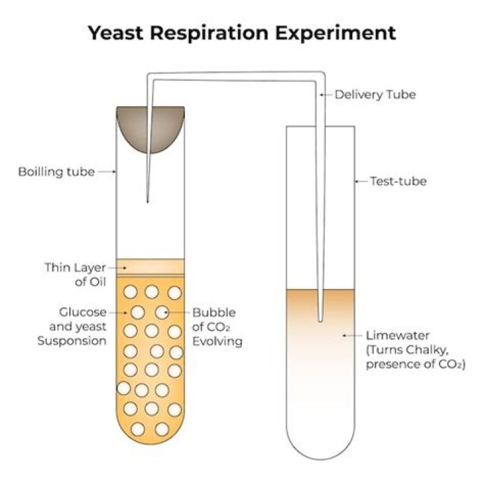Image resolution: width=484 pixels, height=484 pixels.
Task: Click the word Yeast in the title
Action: [x=116, y=33]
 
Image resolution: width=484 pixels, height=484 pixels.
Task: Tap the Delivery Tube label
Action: [x=375, y=95]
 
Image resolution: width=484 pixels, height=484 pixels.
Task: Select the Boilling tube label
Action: [x=56, y=171]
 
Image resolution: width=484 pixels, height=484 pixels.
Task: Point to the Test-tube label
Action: [x=398, y=182]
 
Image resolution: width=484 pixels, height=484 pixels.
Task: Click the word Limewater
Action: [x=397, y=335]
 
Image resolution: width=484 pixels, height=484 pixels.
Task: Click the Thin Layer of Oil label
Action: [x=75, y=274]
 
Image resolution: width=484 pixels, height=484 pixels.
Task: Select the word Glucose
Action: [x=83, y=312]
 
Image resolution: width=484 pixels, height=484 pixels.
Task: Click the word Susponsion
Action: [x=72, y=341]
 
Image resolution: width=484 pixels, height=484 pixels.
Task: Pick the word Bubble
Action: [x=214, y=313]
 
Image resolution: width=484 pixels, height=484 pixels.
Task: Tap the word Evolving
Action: [x=217, y=341]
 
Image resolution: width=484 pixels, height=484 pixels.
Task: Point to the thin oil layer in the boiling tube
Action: [x=151, y=267]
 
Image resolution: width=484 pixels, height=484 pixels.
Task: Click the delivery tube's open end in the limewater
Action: [x=321, y=320]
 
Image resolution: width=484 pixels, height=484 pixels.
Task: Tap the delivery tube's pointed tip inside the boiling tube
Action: [x=147, y=202]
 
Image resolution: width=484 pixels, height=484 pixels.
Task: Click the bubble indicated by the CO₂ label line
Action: [x=162, y=313]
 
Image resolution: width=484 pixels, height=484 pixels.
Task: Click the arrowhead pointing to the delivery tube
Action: [x=322, y=95]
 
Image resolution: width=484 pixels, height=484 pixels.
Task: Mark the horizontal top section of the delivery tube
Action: [x=236, y=77]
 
